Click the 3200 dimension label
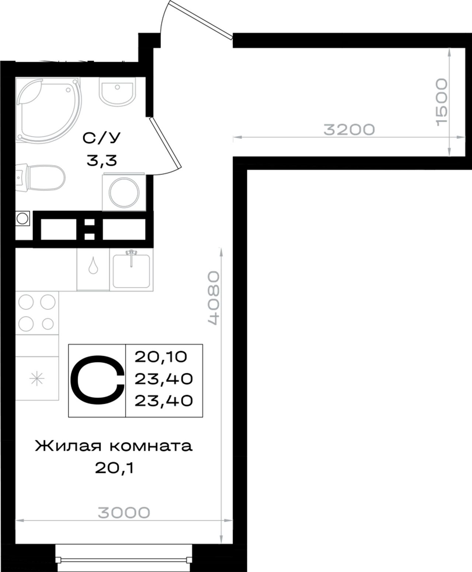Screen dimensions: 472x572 pyautogui.click(x=349, y=130)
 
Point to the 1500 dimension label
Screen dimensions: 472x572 pyautogui.click(x=442, y=102)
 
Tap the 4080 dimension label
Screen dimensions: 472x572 pyautogui.click(x=214, y=298)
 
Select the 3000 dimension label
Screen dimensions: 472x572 pyautogui.click(x=124, y=513)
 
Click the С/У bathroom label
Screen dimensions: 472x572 pyautogui.click(x=101, y=138)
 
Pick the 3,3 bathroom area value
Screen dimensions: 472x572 pyautogui.click(x=102, y=161)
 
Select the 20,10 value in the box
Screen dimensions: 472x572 pyautogui.click(x=161, y=357)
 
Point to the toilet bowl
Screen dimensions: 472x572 pyautogui.click(x=41, y=178)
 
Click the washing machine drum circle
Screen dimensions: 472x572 pyautogui.click(x=124, y=193)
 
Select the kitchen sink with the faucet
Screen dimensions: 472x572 pyautogui.click(x=131, y=269)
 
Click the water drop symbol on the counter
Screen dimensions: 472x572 pyautogui.click(x=93, y=265)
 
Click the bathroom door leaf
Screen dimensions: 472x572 pyautogui.click(x=166, y=143)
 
